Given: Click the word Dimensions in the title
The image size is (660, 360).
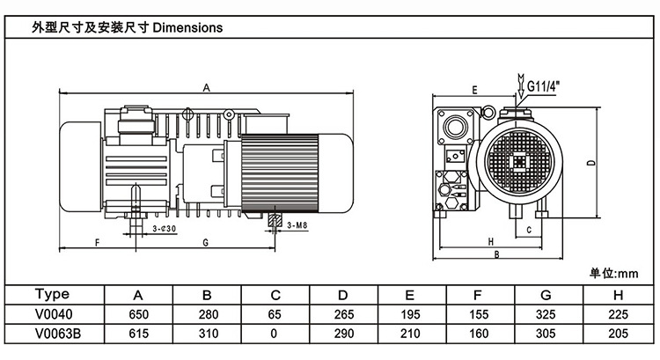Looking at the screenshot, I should pos(188,27).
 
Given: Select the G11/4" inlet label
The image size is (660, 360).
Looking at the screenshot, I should pos(545,85).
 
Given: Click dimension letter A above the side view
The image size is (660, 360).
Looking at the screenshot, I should pos(205,87).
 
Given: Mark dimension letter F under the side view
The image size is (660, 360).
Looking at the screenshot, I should pos(97,241).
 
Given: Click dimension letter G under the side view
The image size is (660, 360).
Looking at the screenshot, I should pos(204,241).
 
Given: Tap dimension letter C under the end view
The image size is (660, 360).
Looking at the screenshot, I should pos(528,229).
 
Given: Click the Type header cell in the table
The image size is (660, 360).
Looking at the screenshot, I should pos(55,294).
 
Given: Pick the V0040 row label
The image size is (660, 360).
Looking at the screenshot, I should pos(55,313).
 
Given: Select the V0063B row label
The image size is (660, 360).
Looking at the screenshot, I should pos(55,334).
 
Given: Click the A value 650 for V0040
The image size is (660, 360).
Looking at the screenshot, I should pos(138,313).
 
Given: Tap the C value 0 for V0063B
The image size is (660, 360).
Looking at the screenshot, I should pos(275,334).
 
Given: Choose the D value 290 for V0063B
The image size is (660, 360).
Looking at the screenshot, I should pos(343,334).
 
